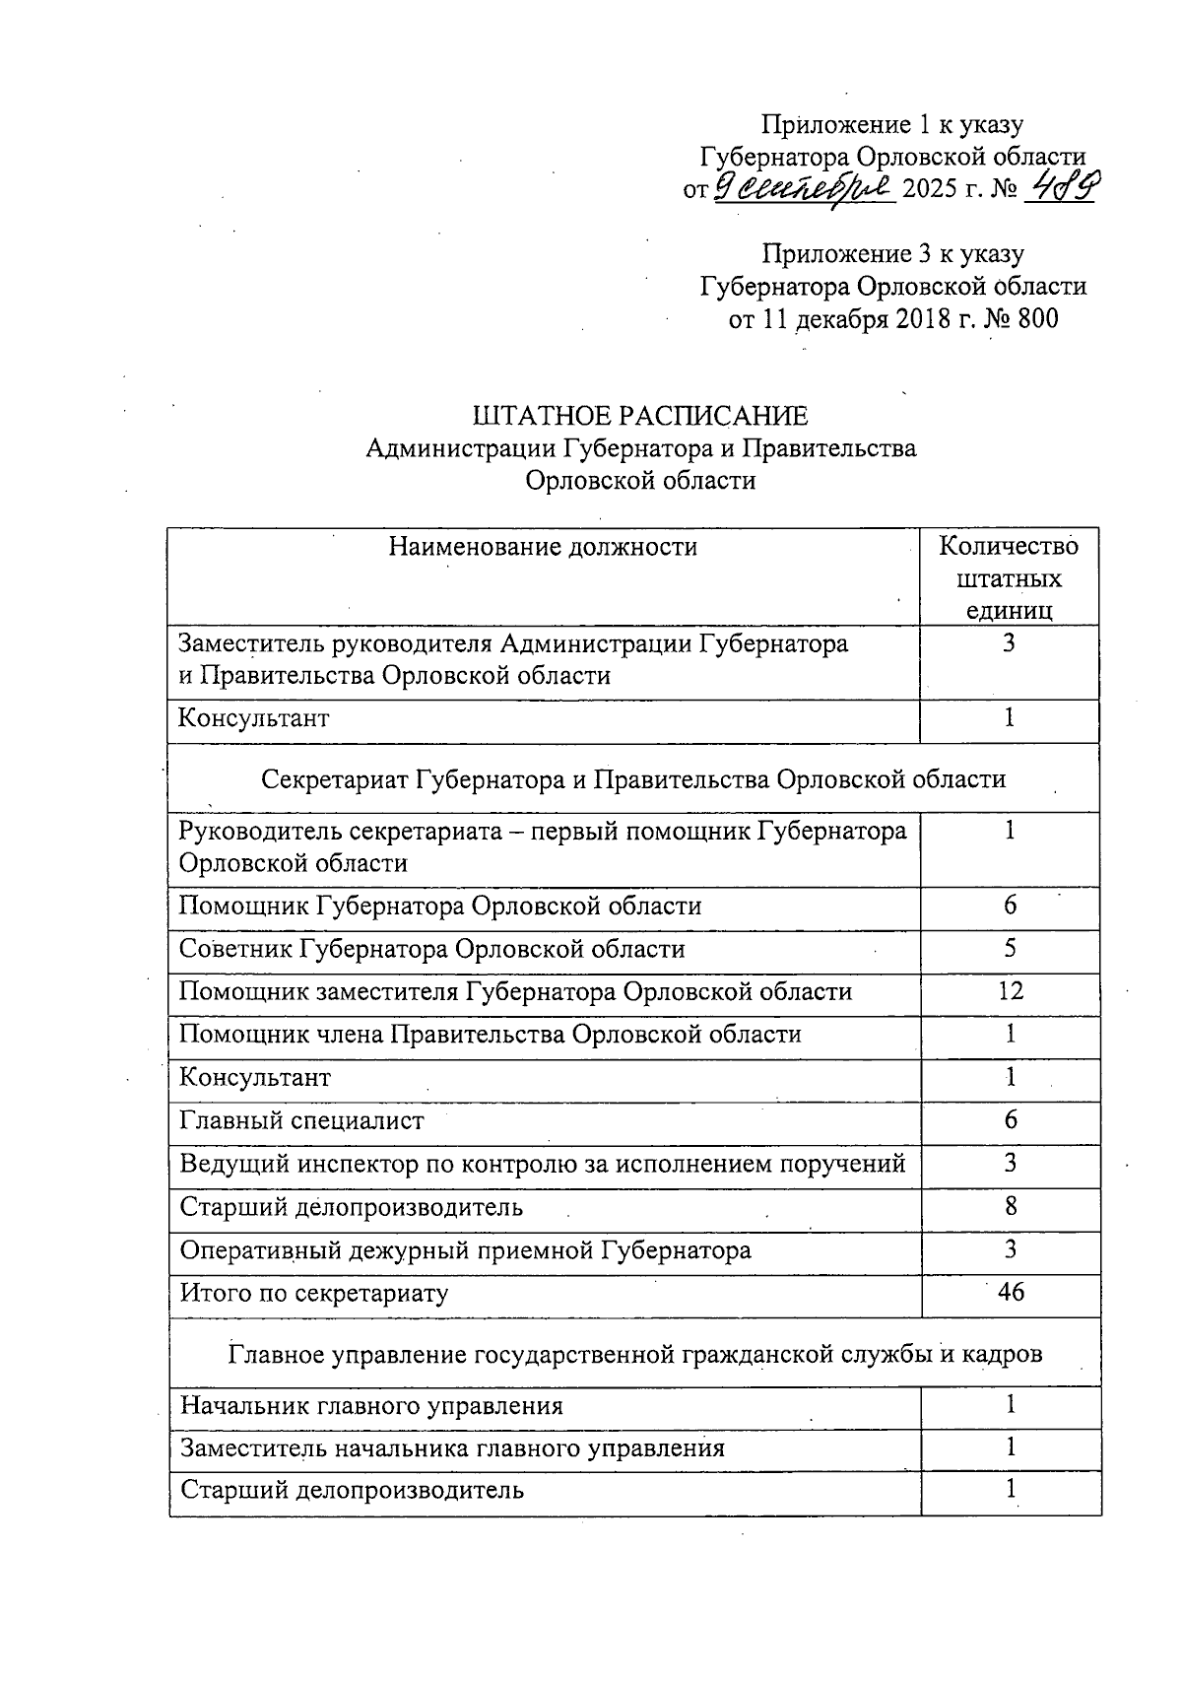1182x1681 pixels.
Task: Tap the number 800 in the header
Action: (x=1036, y=318)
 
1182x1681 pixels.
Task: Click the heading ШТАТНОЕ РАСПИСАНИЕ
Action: (x=640, y=416)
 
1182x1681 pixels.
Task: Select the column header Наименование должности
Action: (x=543, y=547)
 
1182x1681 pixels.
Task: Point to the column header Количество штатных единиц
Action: (x=1009, y=577)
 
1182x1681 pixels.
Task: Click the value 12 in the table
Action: (x=1010, y=991)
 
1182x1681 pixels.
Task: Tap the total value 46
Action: (x=1011, y=1292)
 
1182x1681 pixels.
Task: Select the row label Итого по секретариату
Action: (x=313, y=1293)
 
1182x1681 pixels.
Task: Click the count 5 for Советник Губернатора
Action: (x=1010, y=948)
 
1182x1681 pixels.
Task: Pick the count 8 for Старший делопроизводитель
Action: (x=1011, y=1206)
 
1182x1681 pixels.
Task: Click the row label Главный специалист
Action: (x=301, y=1120)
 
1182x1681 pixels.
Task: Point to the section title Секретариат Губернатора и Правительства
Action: (x=633, y=779)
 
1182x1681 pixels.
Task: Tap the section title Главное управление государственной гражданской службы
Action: (x=635, y=1355)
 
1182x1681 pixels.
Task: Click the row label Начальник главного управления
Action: (x=371, y=1405)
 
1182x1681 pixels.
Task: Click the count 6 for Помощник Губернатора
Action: (x=1010, y=906)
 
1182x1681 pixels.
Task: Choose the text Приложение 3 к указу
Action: (x=892, y=254)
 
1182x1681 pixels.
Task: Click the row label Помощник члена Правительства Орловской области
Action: (x=490, y=1035)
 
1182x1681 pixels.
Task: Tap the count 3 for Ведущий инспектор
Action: (x=1011, y=1164)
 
